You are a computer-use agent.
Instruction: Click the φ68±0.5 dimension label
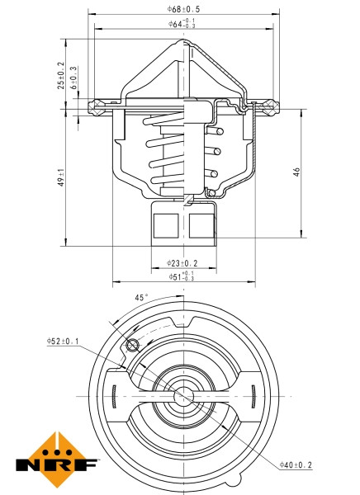click(x=182, y=8)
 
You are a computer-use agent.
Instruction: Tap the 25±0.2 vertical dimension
click(x=60, y=75)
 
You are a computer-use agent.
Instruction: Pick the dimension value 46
click(x=296, y=171)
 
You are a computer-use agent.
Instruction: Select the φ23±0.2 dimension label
click(x=182, y=263)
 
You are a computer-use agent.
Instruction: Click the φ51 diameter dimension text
click(x=182, y=276)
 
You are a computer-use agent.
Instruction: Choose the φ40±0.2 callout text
click(x=296, y=466)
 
